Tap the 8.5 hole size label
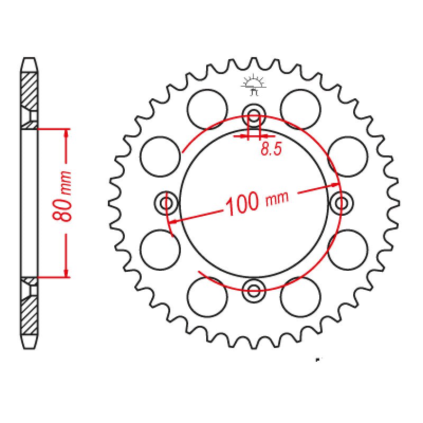[270, 150]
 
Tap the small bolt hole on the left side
[167, 203]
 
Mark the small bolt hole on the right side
[341, 203]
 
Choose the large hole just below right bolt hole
[347, 249]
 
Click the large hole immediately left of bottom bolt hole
[207, 296]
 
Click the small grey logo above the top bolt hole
[253, 85]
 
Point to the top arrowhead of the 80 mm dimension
[67, 133]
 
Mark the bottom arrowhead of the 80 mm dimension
[67, 273]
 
